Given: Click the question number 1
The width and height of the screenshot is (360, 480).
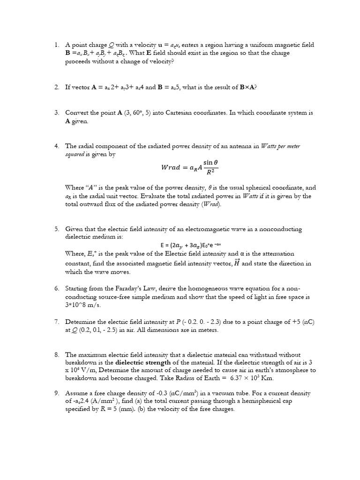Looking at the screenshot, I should tap(56, 45).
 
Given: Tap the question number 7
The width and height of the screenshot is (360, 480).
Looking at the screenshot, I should tap(56, 322).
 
